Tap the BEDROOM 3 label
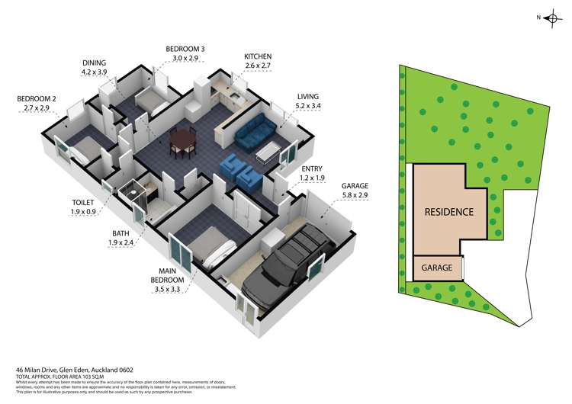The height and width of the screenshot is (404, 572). (185, 49)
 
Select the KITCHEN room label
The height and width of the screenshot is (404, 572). (257, 56)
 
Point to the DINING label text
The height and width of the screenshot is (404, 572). (95, 63)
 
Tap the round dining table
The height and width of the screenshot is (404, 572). (183, 139)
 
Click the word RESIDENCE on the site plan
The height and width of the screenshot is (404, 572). (449, 212)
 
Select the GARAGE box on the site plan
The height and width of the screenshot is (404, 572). (439, 268)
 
